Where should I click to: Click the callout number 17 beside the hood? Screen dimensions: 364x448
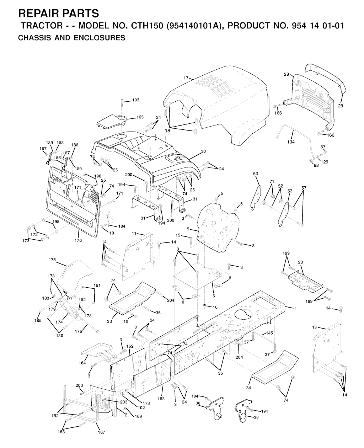coord(186,78)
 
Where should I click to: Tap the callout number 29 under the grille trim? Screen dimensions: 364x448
coord(341,106)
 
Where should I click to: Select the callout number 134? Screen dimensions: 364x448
coord(291,142)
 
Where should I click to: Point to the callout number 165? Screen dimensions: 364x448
coord(140,117)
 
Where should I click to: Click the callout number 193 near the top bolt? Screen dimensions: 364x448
coord(136,100)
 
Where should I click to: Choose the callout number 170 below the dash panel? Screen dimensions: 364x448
coord(78,240)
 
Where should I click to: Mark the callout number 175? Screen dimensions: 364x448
coord(52,260)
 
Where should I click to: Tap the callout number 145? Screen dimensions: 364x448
coord(269,333)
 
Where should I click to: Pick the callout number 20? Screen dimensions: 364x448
coord(300,262)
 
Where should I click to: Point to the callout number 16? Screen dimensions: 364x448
coord(215,307)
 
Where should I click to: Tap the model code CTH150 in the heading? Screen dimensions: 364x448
coord(147,26)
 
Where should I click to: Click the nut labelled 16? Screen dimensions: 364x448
coord(204,305)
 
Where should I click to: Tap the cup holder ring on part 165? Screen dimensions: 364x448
coord(121,119)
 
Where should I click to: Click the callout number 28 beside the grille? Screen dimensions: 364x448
coord(287,74)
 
